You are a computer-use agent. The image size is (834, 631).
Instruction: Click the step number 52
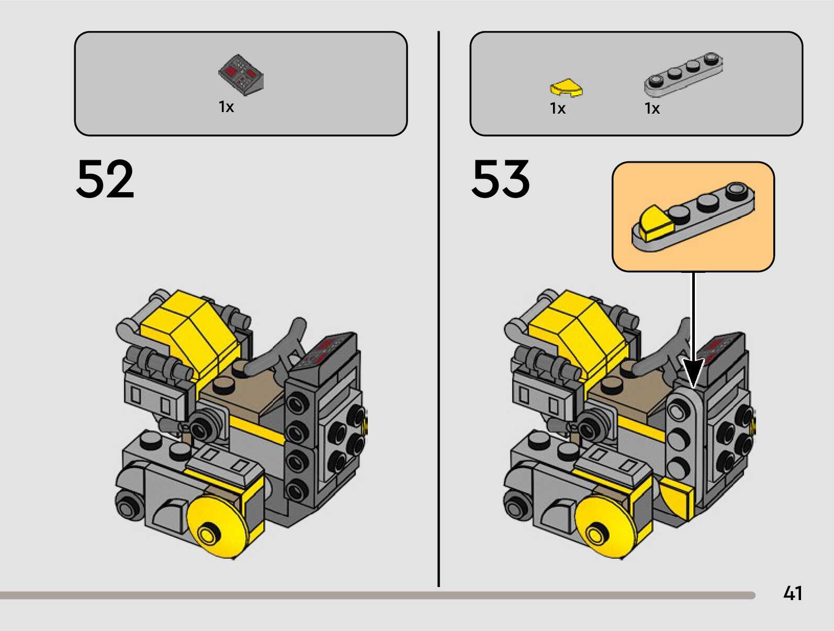tap(105, 179)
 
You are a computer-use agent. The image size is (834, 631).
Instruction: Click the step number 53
tap(501, 179)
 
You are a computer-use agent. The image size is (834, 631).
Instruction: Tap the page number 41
tap(793, 593)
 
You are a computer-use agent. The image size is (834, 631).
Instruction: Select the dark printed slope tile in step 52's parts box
tap(241, 75)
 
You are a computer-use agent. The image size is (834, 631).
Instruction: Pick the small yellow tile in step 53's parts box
tap(566, 88)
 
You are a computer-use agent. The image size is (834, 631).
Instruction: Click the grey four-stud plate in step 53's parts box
tap(683, 74)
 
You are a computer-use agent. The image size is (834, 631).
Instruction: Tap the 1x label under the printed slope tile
tap(226, 107)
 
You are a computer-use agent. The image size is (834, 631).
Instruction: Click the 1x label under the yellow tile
tap(558, 108)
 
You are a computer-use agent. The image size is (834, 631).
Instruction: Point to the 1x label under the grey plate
tap(652, 108)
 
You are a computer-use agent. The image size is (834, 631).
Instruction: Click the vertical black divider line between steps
tap(438, 309)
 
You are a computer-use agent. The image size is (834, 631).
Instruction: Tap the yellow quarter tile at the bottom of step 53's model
tap(677, 497)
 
